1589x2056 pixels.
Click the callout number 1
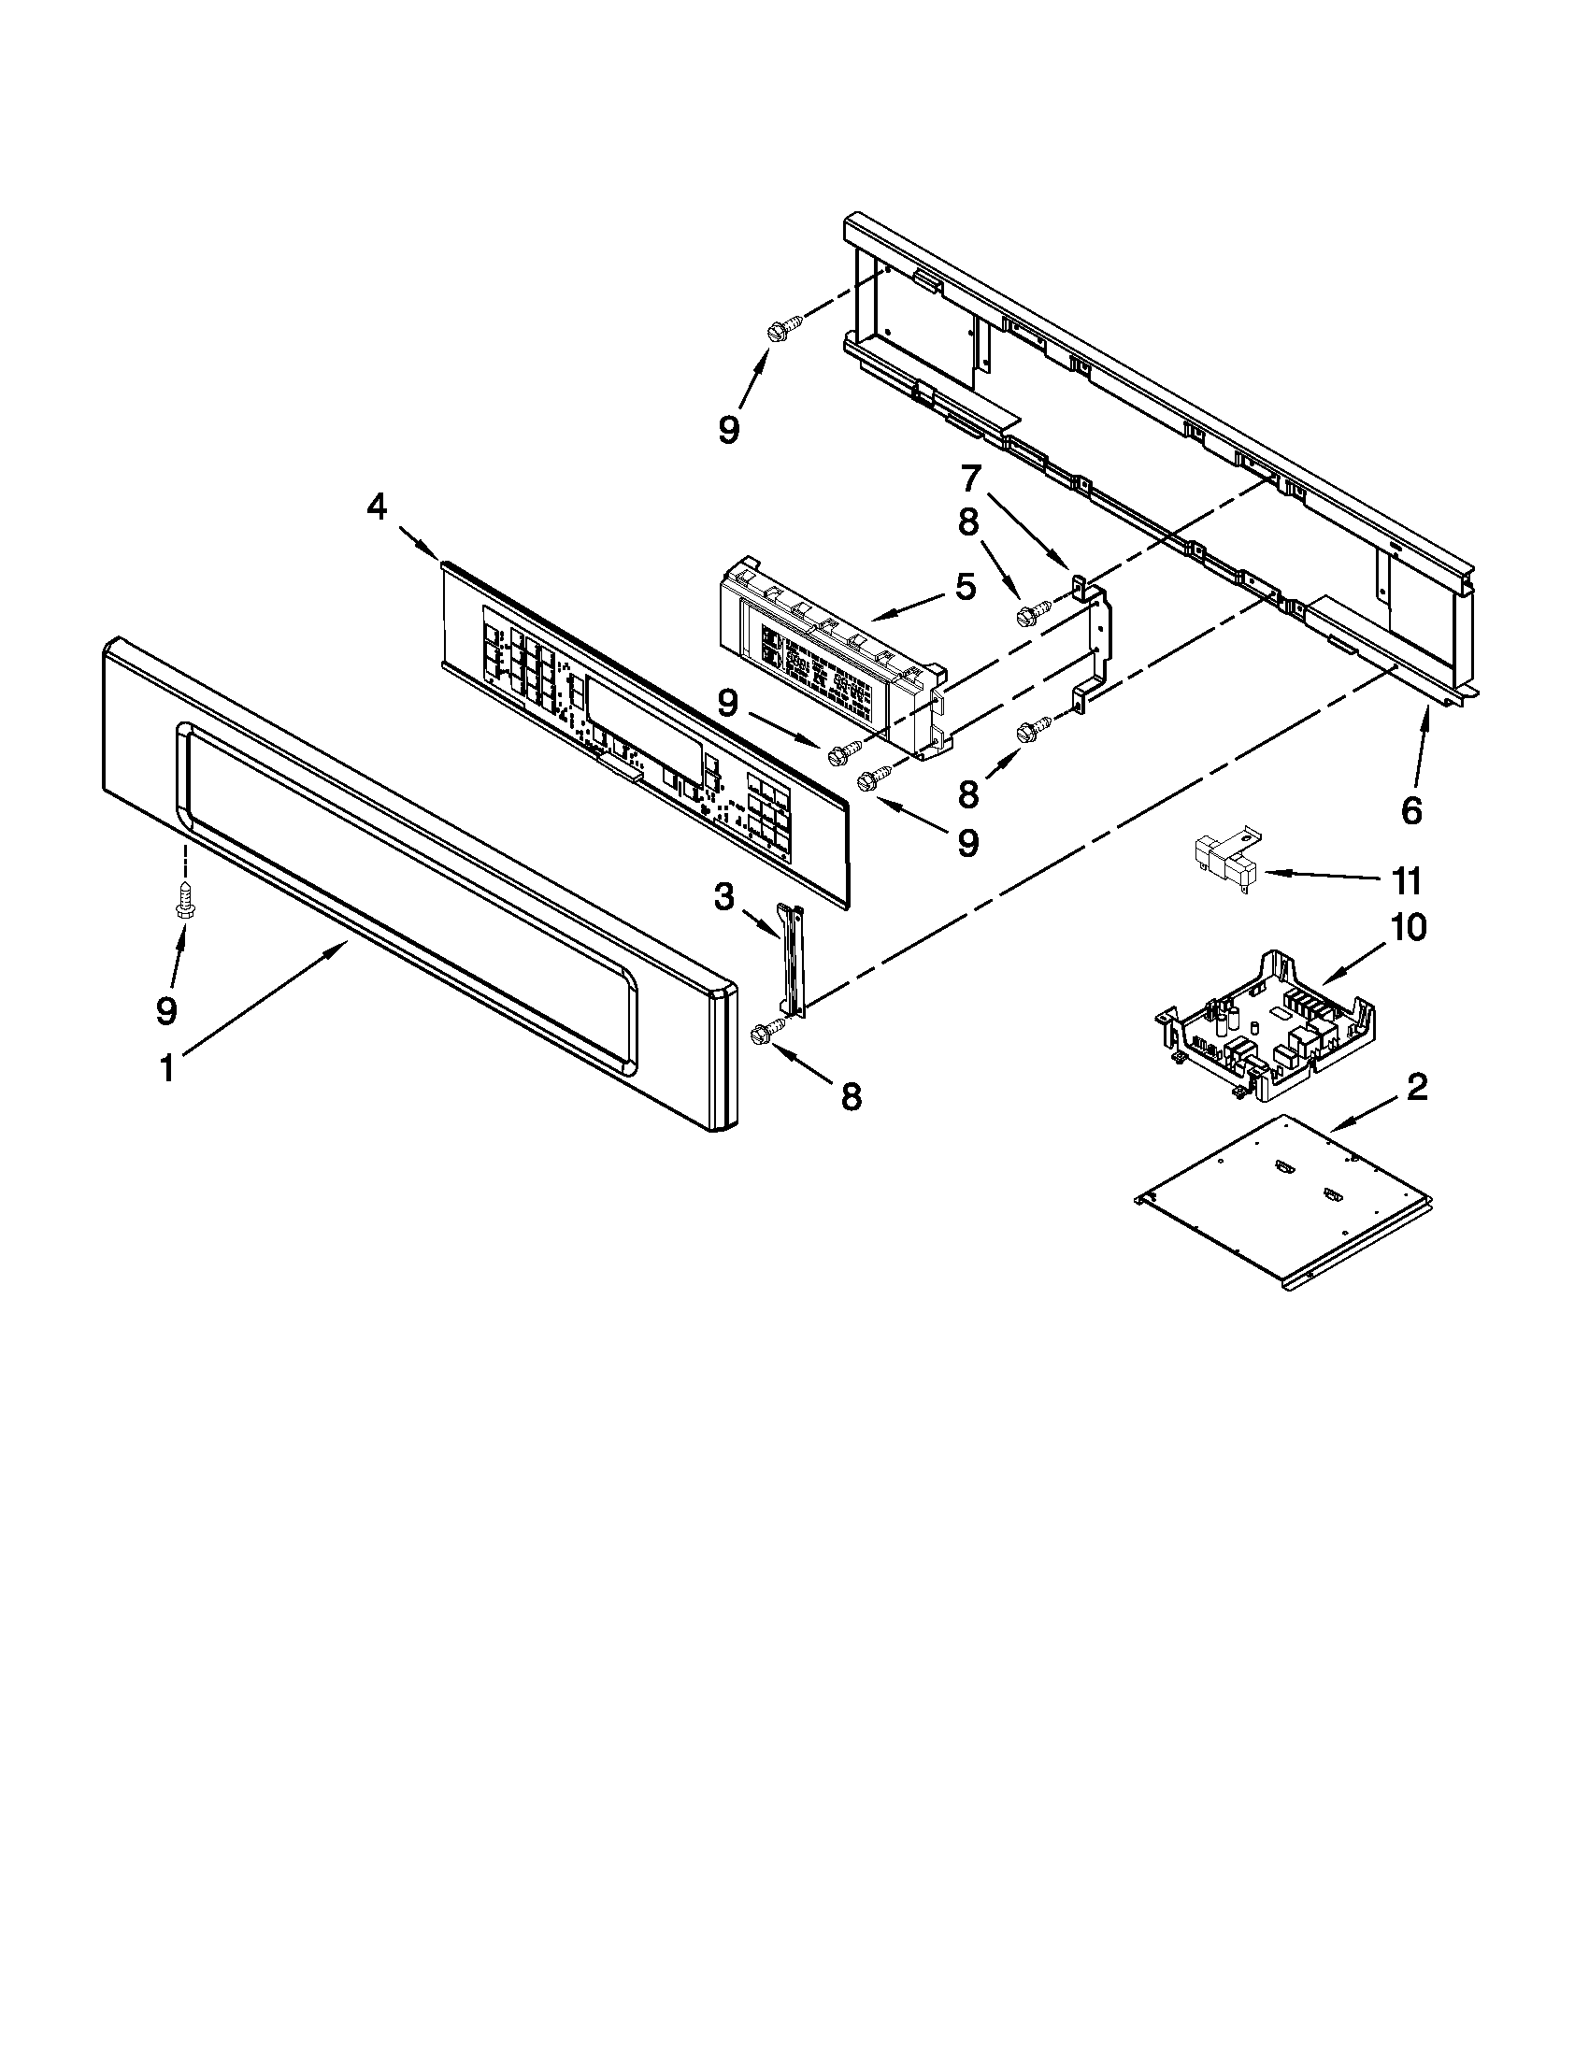point(166,1069)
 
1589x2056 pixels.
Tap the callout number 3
point(723,898)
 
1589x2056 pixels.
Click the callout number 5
point(966,588)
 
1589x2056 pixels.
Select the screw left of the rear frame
point(782,329)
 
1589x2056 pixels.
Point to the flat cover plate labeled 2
point(1285,1195)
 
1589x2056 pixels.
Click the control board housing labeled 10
point(1267,1026)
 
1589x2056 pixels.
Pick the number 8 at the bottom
point(850,1096)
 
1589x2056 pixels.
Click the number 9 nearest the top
point(729,429)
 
